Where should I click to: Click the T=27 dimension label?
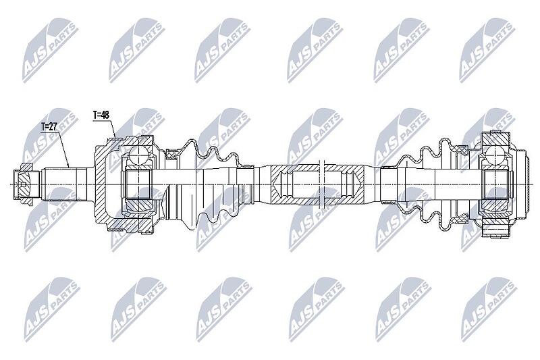(49, 127)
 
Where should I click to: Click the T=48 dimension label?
(101, 115)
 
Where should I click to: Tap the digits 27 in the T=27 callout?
(53, 127)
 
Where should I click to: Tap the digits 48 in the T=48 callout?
(105, 115)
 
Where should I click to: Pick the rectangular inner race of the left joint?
(138, 184)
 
